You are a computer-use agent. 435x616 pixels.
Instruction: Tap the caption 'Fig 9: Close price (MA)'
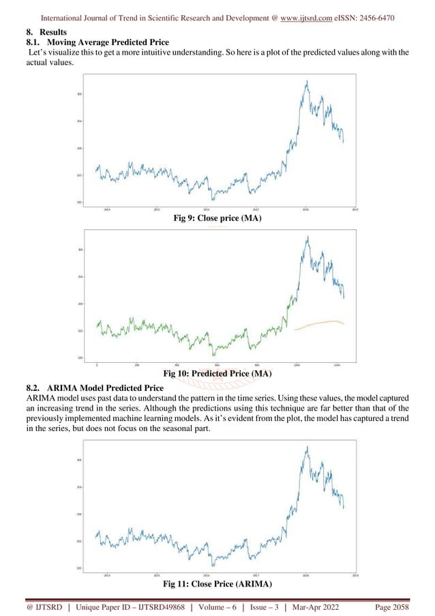tap(217, 218)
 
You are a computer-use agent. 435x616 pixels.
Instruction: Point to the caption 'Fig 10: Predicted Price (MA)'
tap(217, 373)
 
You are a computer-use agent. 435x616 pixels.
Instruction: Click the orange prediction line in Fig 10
tap(320, 323)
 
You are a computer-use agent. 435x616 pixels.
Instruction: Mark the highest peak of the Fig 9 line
tap(307, 81)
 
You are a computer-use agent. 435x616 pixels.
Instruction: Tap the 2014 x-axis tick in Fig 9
tap(108, 209)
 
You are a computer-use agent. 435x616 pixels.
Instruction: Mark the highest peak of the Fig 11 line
tap(307, 447)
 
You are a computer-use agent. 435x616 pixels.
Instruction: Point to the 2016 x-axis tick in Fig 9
tap(207, 209)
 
